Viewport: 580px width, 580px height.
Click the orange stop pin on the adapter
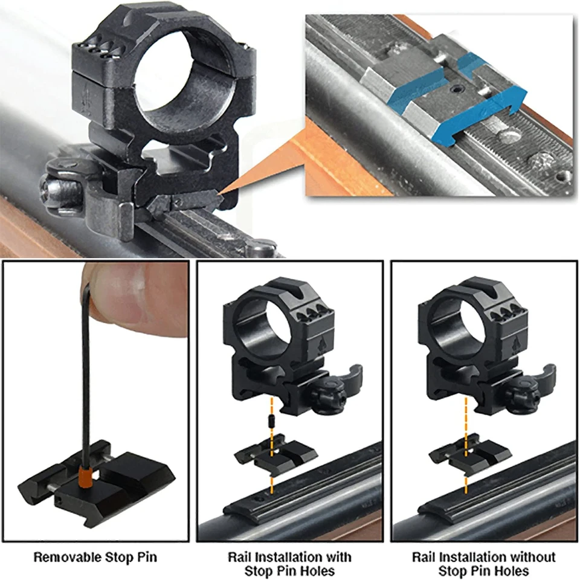tap(85, 474)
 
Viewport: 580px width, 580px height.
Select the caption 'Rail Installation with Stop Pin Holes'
tap(289, 563)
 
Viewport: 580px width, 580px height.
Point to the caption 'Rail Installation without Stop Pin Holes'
tap(483, 563)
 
